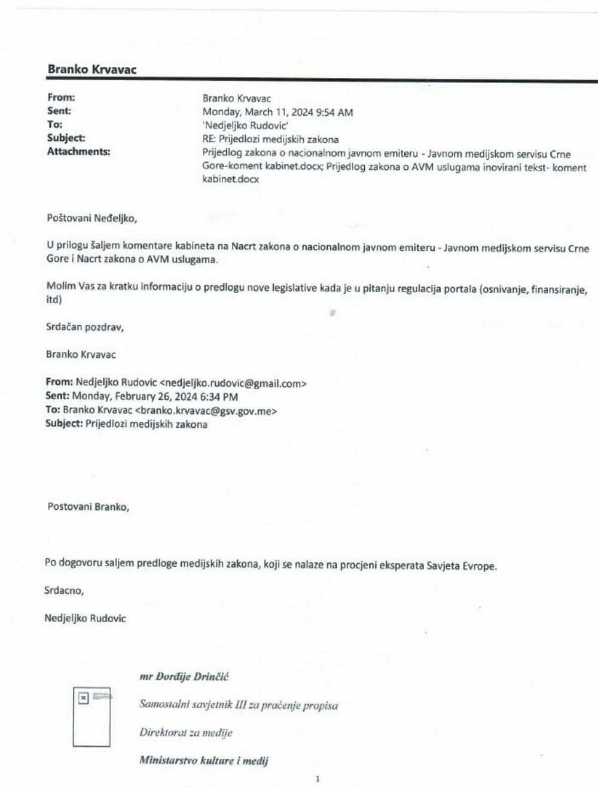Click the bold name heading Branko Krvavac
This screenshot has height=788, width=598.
pyautogui.click(x=92, y=69)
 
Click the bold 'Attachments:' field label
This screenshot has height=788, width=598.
pyautogui.click(x=78, y=152)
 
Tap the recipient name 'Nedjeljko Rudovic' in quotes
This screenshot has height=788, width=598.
pyautogui.click(x=245, y=126)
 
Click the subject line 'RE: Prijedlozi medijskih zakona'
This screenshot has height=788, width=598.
pyautogui.click(x=270, y=139)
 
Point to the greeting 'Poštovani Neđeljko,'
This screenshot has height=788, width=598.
pyautogui.click(x=91, y=218)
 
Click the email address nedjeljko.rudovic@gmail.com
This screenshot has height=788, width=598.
pyautogui.click(x=233, y=384)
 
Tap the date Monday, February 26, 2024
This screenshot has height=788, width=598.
pyautogui.click(x=146, y=397)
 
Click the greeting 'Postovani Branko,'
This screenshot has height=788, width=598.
pyautogui.click(x=88, y=507)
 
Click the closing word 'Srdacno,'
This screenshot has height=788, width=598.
pyautogui.click(x=64, y=591)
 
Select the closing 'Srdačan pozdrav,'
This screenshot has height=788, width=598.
pyautogui.click(x=85, y=327)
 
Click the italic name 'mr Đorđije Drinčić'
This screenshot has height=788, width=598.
pyautogui.click(x=184, y=677)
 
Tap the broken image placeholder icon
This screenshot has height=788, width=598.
pyautogui.click(x=84, y=698)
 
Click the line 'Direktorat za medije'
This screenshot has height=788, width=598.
pyautogui.click(x=185, y=732)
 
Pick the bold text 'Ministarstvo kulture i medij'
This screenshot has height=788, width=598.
pyautogui.click(x=203, y=760)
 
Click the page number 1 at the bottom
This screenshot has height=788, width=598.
pyautogui.click(x=318, y=779)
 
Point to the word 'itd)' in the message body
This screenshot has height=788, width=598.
pyautogui.click(x=54, y=300)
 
